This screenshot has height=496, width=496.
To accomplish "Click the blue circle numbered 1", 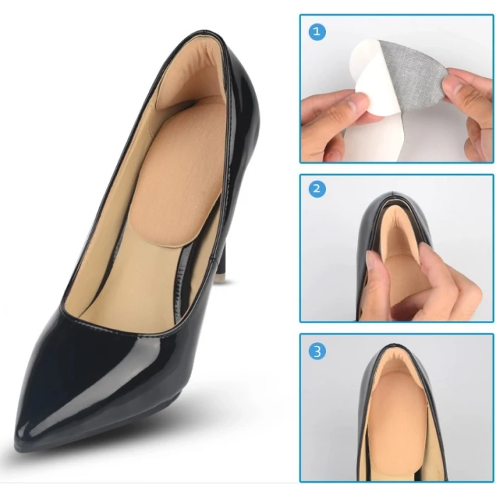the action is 317,32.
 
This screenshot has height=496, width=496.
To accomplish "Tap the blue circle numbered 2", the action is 317,189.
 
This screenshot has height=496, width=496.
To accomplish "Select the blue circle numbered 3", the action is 317,351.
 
